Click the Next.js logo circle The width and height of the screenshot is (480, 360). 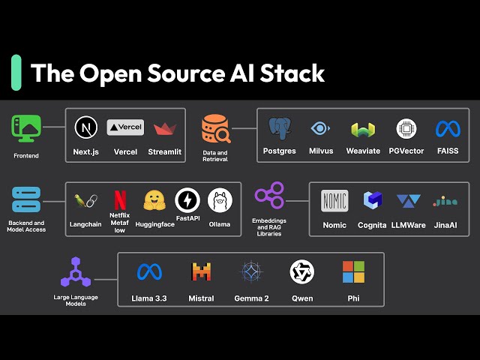click(86, 127)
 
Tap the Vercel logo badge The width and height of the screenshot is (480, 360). click(125, 127)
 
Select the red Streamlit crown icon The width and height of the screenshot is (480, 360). click(164, 128)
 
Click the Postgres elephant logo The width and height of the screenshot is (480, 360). click(280, 128)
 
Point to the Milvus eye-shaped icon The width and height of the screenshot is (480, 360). click(320, 128)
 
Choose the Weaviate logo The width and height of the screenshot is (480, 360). click(363, 129)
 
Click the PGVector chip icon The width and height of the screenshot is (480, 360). click(406, 128)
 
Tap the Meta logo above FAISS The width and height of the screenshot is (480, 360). click(448, 128)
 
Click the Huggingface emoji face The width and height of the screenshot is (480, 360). click(154, 200)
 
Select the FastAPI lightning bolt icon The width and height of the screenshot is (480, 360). click(187, 200)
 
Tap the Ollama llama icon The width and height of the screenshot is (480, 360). click(220, 199)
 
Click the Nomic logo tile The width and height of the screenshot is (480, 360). click(334, 201)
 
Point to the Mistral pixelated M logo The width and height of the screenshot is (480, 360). click(201, 271)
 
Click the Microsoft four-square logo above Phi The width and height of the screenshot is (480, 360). click(352, 271)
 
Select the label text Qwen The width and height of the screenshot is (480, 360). click(301, 298)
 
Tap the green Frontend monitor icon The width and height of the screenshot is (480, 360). click(25, 128)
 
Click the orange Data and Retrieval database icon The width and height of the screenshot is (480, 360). click(215, 129)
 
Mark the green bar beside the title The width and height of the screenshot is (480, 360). click(16, 73)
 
